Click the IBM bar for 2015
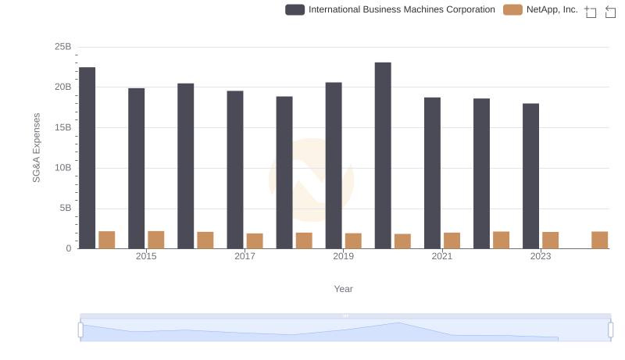coord(136,168)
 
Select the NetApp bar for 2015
coord(156,240)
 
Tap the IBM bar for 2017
coord(235,169)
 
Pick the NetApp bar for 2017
coord(255,241)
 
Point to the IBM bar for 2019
coord(334,166)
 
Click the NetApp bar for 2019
coord(353,241)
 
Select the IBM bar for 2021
coord(432,173)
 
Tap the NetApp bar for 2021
coord(452,241)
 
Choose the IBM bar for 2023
coord(531,176)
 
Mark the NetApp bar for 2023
coord(551,241)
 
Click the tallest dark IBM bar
coord(383,155)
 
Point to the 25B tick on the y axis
coord(62,47)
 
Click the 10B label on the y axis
coord(62,168)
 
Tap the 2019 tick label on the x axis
coord(343,256)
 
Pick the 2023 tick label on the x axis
coord(541,256)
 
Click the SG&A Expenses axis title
coord(36,148)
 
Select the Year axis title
coord(343,289)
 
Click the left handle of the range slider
coord(80,330)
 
